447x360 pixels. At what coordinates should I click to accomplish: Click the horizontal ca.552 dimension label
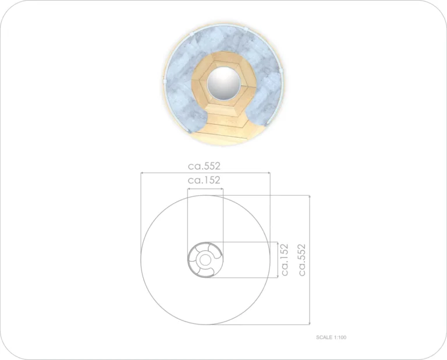(x=204, y=166)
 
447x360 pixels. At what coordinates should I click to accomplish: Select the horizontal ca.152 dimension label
(x=204, y=180)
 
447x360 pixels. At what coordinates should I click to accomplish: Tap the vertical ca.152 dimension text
(x=285, y=260)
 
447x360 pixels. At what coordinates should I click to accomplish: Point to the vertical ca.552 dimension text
(x=302, y=260)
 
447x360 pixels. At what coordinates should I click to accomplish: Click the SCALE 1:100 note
(x=331, y=337)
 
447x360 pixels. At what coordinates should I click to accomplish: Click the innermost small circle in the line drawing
(x=204, y=260)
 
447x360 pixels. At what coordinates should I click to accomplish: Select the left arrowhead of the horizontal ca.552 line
(x=142, y=172)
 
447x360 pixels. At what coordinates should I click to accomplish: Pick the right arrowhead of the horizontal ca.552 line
(x=268, y=172)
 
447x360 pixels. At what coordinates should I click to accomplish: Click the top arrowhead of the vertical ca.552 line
(x=310, y=197)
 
